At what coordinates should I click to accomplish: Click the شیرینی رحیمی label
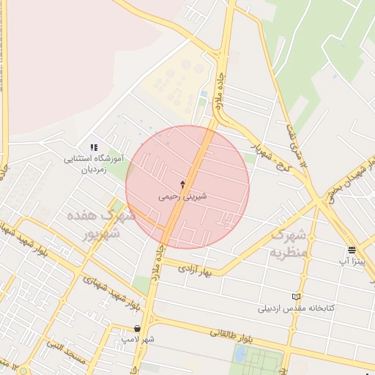(x=182, y=198)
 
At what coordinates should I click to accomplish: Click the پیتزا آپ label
(x=353, y=260)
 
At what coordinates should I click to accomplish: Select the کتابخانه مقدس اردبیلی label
(x=296, y=308)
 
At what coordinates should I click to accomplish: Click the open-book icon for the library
(x=296, y=297)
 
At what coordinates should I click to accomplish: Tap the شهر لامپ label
(x=138, y=339)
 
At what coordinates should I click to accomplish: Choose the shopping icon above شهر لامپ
(x=138, y=328)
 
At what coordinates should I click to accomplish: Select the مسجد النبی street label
(x=65, y=350)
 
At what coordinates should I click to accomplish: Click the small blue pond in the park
(x=240, y=354)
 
